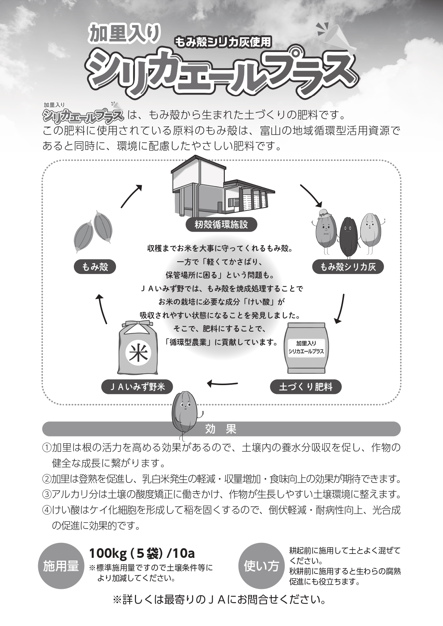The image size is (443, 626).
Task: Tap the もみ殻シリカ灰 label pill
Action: click(x=348, y=267)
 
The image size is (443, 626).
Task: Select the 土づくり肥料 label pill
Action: click(x=306, y=387)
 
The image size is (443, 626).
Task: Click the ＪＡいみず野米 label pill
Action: click(x=137, y=387)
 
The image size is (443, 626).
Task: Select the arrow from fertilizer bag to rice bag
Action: click(x=222, y=384)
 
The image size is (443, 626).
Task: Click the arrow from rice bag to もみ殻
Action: click(x=102, y=309)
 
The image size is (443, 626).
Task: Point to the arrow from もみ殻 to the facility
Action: click(x=131, y=196)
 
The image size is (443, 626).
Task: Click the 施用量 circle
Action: click(x=61, y=566)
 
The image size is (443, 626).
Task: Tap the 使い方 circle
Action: click(x=261, y=566)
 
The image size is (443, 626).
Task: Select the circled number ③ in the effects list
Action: click(x=47, y=494)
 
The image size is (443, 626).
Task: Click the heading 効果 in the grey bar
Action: click(x=221, y=429)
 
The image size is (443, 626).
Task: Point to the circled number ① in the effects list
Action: click(x=47, y=447)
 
